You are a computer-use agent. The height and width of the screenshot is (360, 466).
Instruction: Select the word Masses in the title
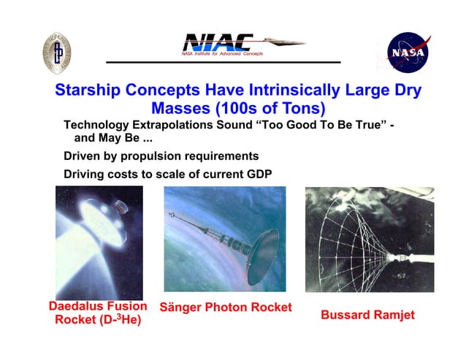click(x=179, y=109)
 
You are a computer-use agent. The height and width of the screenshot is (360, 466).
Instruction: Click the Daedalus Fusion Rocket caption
click(x=98, y=313)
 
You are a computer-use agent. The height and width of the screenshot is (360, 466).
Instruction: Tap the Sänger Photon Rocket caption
click(x=226, y=307)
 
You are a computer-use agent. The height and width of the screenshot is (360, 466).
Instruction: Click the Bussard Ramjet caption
click(x=367, y=315)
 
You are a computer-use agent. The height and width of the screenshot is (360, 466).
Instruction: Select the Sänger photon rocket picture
click(x=226, y=238)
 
